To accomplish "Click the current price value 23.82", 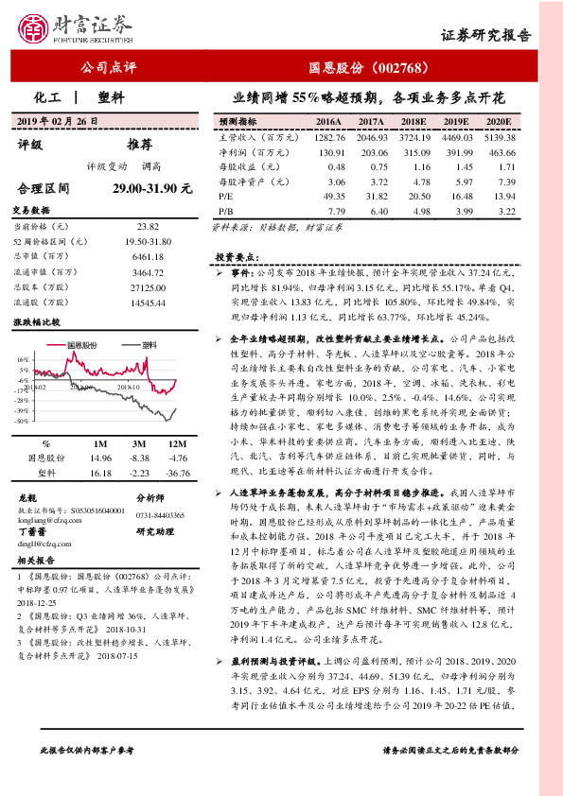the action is [146, 227].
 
